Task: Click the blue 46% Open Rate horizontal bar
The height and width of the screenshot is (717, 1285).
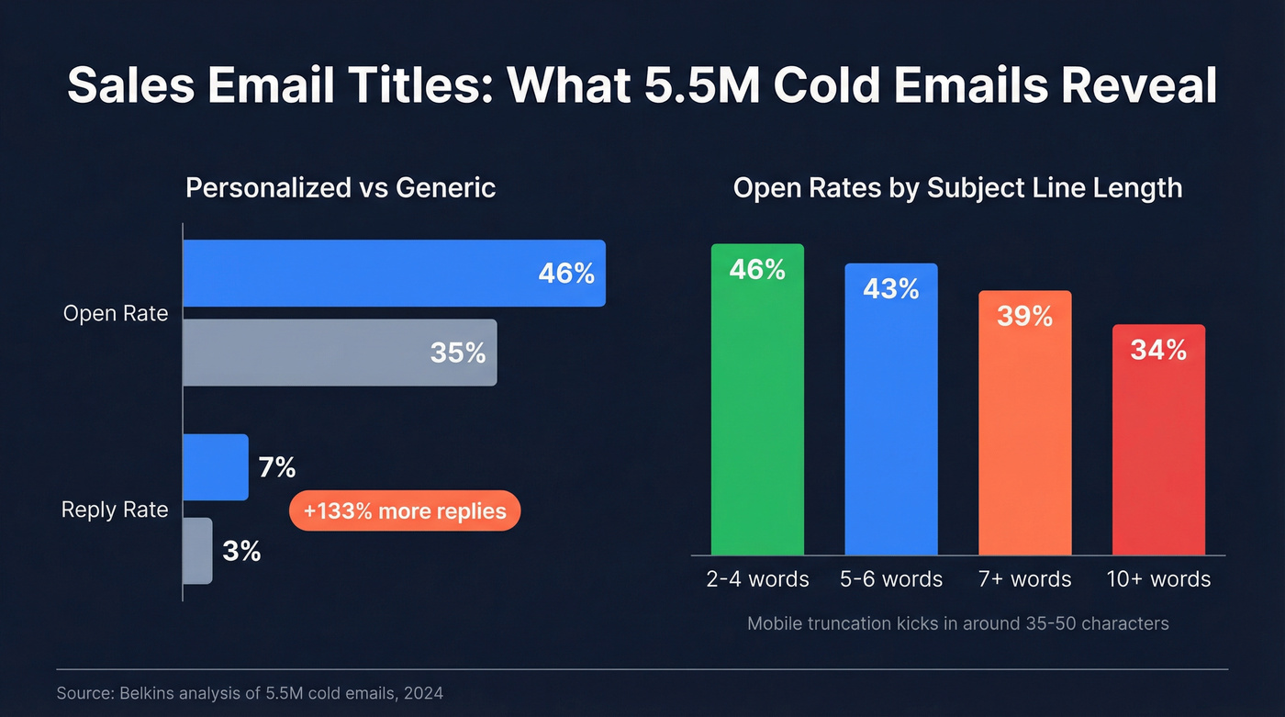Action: tap(394, 273)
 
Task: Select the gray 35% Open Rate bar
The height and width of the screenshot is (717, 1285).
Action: tap(340, 353)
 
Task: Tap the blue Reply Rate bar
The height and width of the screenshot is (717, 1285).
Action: tap(216, 467)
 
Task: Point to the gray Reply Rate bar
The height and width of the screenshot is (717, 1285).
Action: tap(197, 551)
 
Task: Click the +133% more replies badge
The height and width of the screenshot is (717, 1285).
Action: tap(405, 510)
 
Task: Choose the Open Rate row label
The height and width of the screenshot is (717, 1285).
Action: tap(116, 313)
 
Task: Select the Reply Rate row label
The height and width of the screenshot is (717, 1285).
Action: tap(115, 510)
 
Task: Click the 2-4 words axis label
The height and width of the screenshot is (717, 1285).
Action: tap(758, 579)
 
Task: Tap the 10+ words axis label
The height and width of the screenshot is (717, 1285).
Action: tap(1158, 579)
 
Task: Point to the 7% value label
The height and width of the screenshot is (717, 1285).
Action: tap(276, 467)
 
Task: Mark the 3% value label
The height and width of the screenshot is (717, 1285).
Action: tap(241, 551)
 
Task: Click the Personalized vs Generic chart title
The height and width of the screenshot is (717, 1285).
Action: tap(341, 188)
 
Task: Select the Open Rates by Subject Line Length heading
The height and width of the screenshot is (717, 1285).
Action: tap(957, 188)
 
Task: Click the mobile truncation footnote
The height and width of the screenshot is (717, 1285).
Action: tap(957, 623)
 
